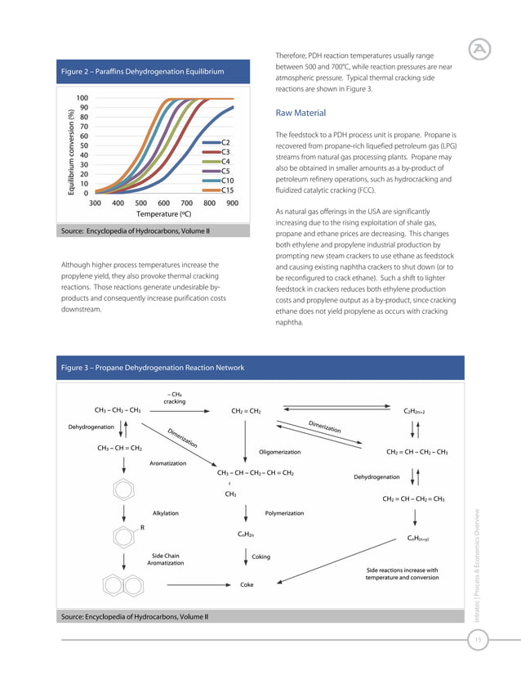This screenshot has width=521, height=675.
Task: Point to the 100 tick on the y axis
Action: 82,98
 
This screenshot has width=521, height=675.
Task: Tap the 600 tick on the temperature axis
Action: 163,203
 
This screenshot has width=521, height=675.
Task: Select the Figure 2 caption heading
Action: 143,73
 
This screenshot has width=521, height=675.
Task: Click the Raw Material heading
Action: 301,113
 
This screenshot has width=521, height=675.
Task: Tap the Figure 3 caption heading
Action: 153,368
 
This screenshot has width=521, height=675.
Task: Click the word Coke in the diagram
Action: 246,585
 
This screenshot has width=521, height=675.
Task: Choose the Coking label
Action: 260,557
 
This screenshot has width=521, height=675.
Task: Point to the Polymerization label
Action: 284,513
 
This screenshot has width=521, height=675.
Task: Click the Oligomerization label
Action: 279,452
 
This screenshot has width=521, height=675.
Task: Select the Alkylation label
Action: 166,513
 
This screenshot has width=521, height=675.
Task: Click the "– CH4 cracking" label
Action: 174,397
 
